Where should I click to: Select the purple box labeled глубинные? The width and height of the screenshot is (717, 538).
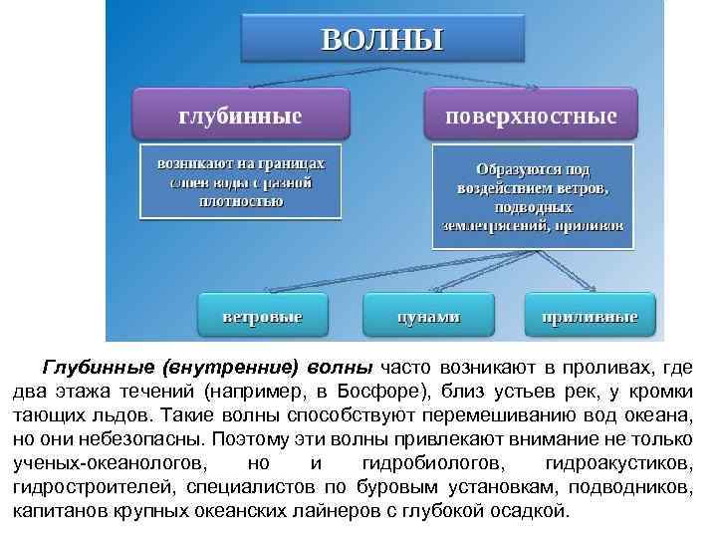240,116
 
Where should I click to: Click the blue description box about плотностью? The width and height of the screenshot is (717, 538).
240,182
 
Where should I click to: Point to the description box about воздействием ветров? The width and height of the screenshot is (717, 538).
534,196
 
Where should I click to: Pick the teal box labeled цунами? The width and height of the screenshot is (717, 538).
429,316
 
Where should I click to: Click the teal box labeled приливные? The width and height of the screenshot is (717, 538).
590,316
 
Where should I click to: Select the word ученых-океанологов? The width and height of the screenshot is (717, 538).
111,463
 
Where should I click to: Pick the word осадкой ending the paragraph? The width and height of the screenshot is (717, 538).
536,511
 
